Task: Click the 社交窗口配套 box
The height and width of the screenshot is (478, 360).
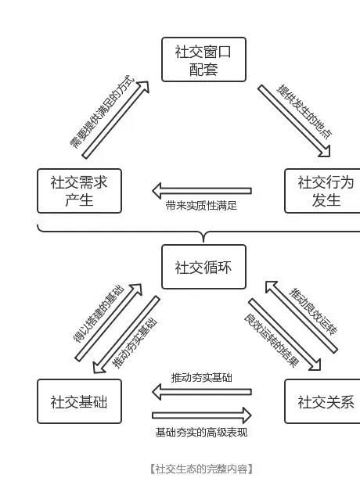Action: tap(203, 59)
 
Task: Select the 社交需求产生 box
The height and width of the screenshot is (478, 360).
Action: tap(79, 191)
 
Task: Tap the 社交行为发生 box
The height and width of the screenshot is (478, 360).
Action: tap(322, 191)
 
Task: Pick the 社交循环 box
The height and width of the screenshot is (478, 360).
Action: tap(203, 267)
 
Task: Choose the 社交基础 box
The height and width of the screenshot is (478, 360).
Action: tap(79, 401)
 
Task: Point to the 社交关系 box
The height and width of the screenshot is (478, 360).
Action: tap(322, 401)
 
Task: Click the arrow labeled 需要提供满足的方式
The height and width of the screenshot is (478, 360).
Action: tap(116, 120)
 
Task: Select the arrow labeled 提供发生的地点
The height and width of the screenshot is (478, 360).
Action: tap(294, 121)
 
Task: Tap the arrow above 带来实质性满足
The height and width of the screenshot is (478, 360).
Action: tap(202, 191)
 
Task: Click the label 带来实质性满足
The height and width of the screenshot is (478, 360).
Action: tap(201, 206)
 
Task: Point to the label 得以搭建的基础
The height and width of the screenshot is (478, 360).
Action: tap(99, 314)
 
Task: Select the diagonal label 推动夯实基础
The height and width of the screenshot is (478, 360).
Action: tap(135, 343)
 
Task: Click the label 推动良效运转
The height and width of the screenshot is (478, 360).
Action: tap(313, 311)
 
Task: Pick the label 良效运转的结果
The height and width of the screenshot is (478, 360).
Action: tap(272, 340)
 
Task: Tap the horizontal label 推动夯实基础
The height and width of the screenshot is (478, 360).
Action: tap(202, 378)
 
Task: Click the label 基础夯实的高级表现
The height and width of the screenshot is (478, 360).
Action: tap(201, 433)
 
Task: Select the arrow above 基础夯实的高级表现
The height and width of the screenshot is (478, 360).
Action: tap(202, 415)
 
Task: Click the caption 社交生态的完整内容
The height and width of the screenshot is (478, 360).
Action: tap(201, 469)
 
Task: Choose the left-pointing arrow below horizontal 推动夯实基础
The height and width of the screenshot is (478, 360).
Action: tap(202, 392)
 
